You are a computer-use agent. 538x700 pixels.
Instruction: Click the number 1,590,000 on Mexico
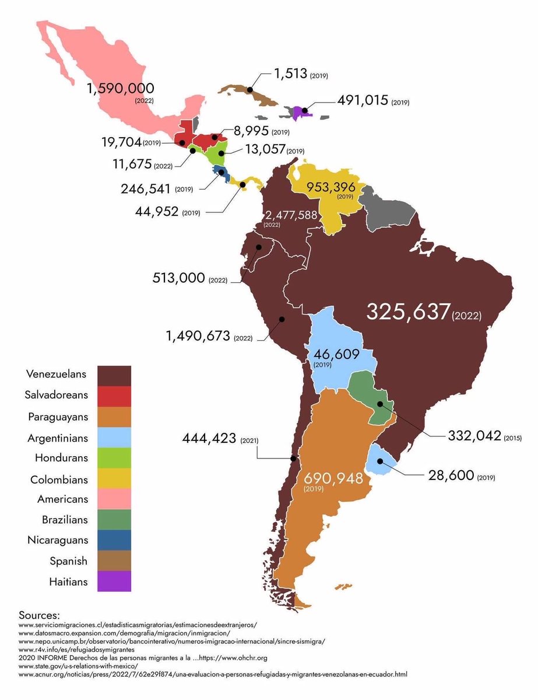point(121,89)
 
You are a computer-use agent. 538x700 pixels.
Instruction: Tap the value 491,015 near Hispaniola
point(363,100)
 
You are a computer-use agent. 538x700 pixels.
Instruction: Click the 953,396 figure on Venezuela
point(333,187)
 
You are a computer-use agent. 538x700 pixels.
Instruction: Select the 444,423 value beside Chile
point(212,439)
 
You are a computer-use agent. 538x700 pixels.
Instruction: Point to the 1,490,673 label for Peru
point(198,337)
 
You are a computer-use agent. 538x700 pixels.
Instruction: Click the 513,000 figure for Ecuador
point(177,279)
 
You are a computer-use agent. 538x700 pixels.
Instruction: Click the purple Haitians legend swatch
point(114,581)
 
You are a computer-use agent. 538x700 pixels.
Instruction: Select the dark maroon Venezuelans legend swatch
point(114,376)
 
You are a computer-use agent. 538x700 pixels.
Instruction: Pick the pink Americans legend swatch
point(114,499)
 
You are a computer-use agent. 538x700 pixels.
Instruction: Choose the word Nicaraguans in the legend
point(58,541)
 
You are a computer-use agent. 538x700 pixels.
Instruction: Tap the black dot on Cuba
point(249,90)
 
